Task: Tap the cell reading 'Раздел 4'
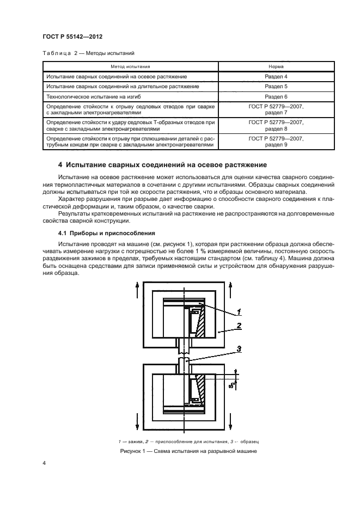[x=275, y=76]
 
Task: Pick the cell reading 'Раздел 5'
[x=275, y=86]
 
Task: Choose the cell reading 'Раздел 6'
[x=275, y=96]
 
